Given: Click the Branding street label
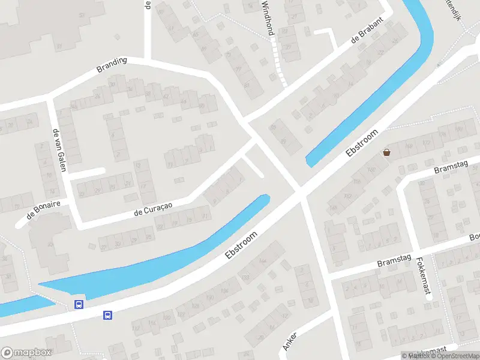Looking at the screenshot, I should (112, 65).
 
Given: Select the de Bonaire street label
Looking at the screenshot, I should (43, 209).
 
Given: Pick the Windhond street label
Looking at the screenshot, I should (267, 17).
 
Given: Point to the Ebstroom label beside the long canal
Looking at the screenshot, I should (241, 245).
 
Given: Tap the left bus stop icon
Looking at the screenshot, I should (79, 304).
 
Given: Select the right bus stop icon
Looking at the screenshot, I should (108, 314).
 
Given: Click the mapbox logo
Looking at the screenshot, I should (26, 353).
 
